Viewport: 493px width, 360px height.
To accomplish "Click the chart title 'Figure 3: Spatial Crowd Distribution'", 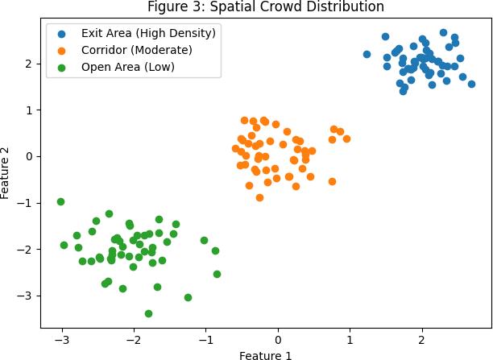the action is pyautogui.click(x=266, y=6).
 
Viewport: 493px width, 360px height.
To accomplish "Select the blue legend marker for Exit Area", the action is pyautogui.click(x=61, y=34).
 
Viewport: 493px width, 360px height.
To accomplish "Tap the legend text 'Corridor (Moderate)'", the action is pyautogui.click(x=136, y=50).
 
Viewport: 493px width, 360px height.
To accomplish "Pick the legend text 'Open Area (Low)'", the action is pyautogui.click(x=127, y=67).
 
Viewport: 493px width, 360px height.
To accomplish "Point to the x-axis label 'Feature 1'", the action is pyautogui.click(x=265, y=356).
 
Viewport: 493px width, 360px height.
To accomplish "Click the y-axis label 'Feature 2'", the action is pyautogui.click(x=5, y=173).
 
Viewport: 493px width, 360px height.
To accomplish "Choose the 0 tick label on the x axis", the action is pyautogui.click(x=278, y=340).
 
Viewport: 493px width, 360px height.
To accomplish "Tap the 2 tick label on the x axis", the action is pyautogui.click(x=421, y=340).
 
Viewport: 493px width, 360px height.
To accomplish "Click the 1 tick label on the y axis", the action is pyautogui.click(x=29, y=110).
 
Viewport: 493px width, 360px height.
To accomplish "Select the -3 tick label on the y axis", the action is pyautogui.click(x=25, y=296).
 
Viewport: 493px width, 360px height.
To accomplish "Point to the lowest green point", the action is pyautogui.click(x=149, y=313).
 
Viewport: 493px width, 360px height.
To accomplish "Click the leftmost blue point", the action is pyautogui.click(x=367, y=55).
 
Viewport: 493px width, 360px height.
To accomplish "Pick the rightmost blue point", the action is pyautogui.click(x=471, y=84).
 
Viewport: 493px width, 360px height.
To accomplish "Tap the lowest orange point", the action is pyautogui.click(x=259, y=198).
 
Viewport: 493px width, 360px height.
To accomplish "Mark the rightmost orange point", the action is pyautogui.click(x=347, y=139).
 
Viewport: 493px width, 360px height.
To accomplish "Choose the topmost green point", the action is pyautogui.click(x=60, y=201).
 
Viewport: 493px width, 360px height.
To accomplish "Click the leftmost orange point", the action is pyautogui.click(x=235, y=148).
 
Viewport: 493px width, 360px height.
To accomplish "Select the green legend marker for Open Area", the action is pyautogui.click(x=61, y=68).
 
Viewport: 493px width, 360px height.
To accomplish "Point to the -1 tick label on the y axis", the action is pyautogui.click(x=25, y=203).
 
